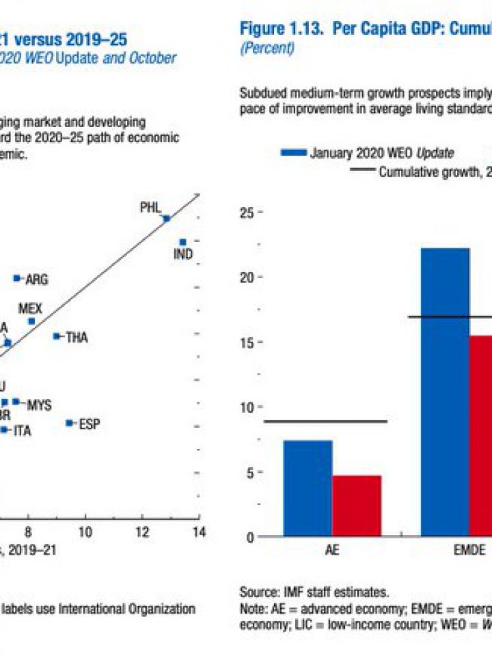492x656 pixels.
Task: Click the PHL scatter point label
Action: coord(150,207)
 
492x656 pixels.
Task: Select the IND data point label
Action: coord(183,254)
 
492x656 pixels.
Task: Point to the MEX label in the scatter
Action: coord(30,309)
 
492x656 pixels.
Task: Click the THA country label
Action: coord(77,337)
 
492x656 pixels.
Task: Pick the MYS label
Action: coord(39,405)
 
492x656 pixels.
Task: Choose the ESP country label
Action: coord(89,424)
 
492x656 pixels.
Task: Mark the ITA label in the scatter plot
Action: coord(23,431)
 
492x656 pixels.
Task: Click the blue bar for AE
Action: coord(307,489)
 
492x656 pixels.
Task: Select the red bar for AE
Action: coord(357,506)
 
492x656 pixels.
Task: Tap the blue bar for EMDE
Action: coord(445,392)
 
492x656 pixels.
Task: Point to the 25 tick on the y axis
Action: coord(247,213)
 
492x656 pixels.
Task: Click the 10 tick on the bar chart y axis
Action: coord(247,407)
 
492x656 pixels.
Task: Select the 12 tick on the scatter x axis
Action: coord(142,532)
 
